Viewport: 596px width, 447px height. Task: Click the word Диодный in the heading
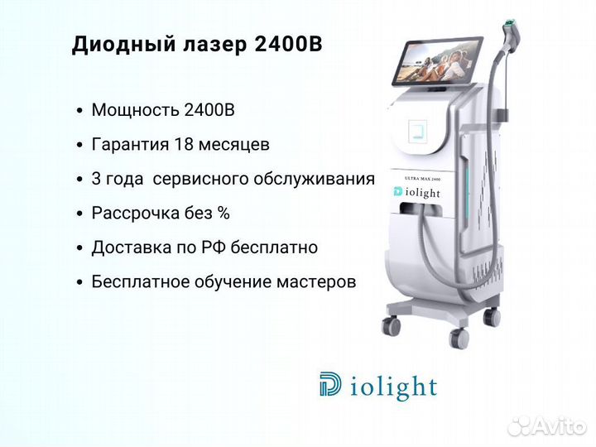pyautogui.click(x=124, y=44)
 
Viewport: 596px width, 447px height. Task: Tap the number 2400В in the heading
pyautogui.click(x=287, y=44)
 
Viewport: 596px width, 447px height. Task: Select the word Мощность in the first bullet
pyautogui.click(x=135, y=110)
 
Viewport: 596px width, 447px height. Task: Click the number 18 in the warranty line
pyautogui.click(x=184, y=144)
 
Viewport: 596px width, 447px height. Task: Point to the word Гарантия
pyautogui.click(x=130, y=145)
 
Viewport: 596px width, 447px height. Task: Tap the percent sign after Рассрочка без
pyautogui.click(x=223, y=213)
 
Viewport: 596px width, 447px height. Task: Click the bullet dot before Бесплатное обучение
pyautogui.click(x=79, y=282)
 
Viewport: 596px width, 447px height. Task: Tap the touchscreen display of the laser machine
pyautogui.click(x=437, y=60)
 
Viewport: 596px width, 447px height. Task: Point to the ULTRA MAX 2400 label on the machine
pyautogui.click(x=422, y=179)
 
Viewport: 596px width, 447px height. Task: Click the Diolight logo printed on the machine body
pyautogui.click(x=416, y=192)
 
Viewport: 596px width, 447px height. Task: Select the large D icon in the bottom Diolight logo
pyautogui.click(x=329, y=384)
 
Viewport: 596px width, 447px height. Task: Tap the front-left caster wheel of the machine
pyautogui.click(x=391, y=326)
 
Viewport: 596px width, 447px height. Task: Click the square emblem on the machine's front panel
pyautogui.click(x=417, y=132)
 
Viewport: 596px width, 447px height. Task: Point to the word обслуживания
pyautogui.click(x=315, y=180)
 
